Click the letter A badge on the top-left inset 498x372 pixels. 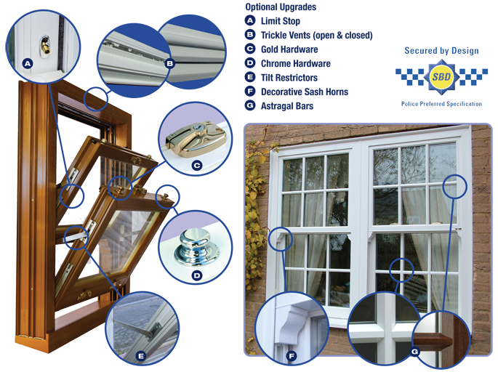(27, 63)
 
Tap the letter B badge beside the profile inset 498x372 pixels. (169, 63)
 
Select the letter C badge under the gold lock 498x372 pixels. (196, 165)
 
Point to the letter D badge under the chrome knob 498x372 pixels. (196, 275)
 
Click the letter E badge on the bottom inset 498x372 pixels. (141, 355)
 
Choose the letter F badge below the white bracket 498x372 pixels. (291, 356)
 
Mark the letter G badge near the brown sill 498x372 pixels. (414, 352)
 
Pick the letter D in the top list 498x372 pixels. (250, 62)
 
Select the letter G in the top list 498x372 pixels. (250, 105)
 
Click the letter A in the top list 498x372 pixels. (250, 20)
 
